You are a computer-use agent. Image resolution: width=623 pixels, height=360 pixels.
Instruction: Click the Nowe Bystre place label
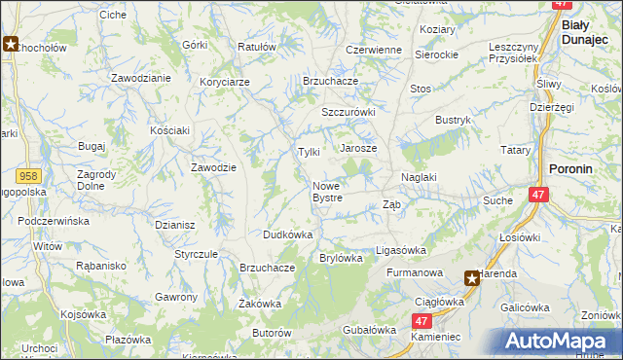327,192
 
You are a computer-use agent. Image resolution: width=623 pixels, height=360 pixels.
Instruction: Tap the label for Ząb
391,204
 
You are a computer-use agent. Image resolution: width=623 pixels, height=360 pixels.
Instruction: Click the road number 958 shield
28,175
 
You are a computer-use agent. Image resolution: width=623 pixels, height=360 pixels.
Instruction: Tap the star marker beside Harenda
472,278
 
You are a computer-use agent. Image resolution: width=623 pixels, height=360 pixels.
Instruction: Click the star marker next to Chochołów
11,44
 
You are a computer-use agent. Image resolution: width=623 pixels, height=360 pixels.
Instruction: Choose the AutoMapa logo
562,342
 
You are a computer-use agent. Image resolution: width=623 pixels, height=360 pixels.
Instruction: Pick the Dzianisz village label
175,224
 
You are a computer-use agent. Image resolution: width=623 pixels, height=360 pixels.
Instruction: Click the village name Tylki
309,152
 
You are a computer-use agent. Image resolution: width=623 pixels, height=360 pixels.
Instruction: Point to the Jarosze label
357,148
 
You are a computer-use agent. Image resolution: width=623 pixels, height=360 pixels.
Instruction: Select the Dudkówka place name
287,234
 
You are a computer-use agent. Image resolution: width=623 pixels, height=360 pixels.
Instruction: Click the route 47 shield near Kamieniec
421,320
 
